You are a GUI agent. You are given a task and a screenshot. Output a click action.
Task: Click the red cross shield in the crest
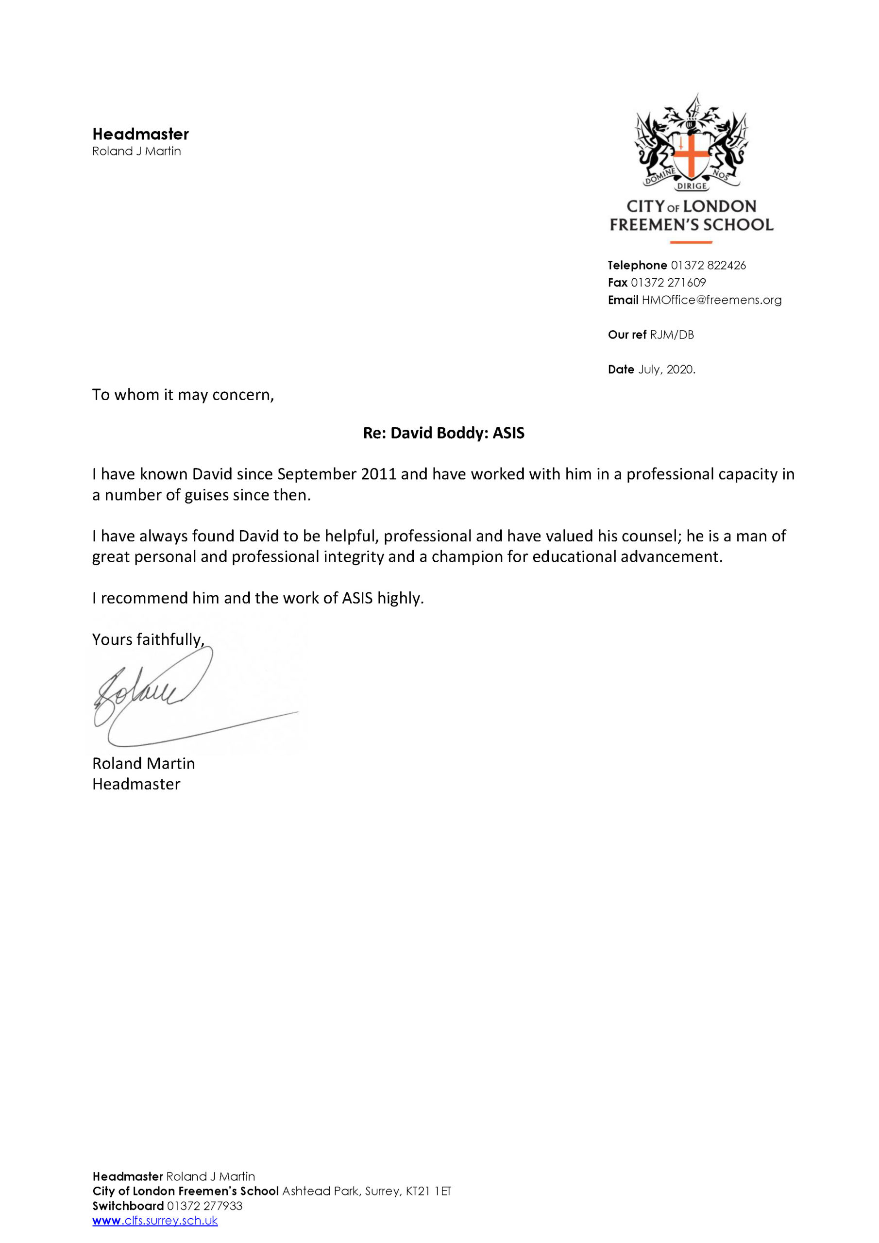[x=691, y=155]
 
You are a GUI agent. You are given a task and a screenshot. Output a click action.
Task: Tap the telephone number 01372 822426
[x=708, y=265]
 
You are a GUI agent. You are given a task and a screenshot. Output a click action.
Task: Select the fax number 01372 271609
[x=668, y=283]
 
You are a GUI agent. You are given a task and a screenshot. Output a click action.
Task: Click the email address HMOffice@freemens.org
[x=711, y=300]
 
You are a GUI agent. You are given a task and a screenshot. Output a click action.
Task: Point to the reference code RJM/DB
[x=672, y=335]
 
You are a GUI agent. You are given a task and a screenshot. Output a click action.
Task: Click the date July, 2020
[x=666, y=369]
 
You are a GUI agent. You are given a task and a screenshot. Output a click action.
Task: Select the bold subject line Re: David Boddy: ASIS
[x=443, y=433]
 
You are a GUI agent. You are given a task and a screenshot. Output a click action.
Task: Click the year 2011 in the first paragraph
[x=379, y=474]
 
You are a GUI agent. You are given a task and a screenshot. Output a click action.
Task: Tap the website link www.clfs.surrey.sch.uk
[x=155, y=1220]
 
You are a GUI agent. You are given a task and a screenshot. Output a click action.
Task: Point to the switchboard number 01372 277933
[x=204, y=1206]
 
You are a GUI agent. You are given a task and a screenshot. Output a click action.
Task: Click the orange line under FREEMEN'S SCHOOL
[x=691, y=242]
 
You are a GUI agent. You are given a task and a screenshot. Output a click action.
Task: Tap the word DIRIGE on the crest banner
[x=692, y=185]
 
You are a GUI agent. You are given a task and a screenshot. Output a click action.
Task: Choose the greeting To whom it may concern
[x=183, y=395]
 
